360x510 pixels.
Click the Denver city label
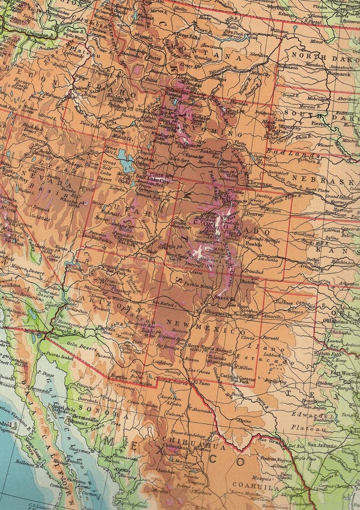256,214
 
